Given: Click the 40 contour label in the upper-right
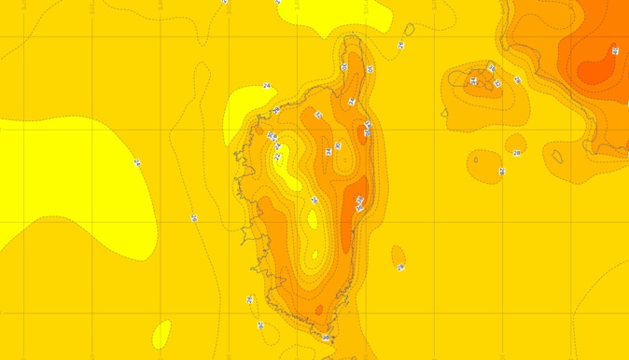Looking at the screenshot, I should point(615,50).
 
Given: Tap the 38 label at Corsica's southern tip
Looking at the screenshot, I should point(326,338).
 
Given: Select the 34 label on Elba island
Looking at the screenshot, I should point(473,81).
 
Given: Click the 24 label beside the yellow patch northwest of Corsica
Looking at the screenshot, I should point(267,86).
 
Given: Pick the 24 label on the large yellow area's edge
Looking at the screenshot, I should point(137,163).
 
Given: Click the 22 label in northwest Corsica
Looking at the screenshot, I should point(277,146).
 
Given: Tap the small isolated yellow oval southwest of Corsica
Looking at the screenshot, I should point(161,333).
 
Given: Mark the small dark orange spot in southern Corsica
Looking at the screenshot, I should point(319,310).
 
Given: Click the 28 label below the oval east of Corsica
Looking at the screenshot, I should point(400,269).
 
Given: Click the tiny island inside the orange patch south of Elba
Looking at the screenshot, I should point(475,159).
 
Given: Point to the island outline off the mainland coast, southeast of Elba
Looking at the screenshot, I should point(557,156).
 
